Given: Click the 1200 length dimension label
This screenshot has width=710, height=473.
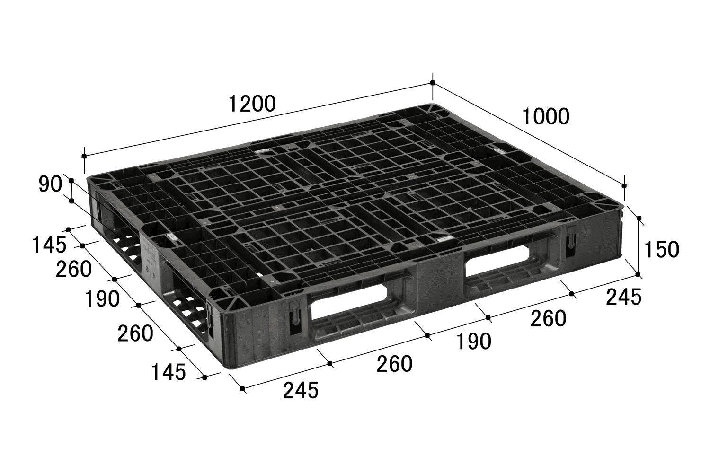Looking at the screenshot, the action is coord(252,104).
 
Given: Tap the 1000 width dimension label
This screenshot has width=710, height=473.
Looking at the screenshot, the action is coord(545,116).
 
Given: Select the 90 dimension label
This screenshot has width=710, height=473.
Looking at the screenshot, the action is coord(50,184).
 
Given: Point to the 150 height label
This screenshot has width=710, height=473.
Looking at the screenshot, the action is coord(662,249).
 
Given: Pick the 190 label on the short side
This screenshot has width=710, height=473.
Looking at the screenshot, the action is coord(102,299).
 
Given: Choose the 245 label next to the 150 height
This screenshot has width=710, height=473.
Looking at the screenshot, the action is coord(624,298).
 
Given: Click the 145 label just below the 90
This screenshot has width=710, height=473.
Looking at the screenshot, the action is coord(49,245).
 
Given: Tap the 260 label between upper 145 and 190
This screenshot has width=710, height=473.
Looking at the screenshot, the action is coord(74,270).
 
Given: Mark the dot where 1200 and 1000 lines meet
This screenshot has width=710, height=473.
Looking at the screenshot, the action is coord(433,83).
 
